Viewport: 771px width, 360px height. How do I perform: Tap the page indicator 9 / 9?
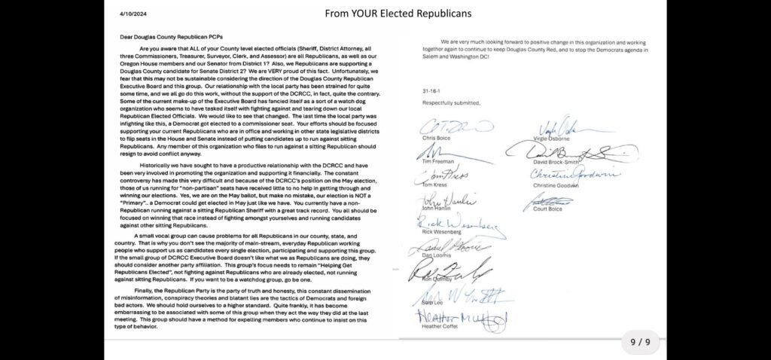pyautogui.click(x=640, y=342)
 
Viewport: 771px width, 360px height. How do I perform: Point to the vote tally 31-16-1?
pyautogui.click(x=431, y=92)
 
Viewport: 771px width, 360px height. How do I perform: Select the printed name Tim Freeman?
pyautogui.click(x=437, y=161)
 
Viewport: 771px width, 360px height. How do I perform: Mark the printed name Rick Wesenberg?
pyautogui.click(x=441, y=231)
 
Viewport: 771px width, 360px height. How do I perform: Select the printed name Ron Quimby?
pyautogui.click(x=436, y=279)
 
